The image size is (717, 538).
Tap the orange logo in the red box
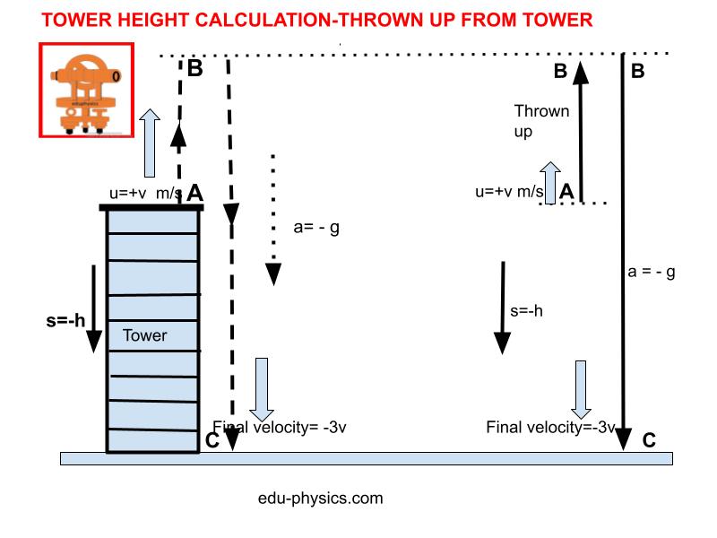pyautogui.click(x=86, y=90)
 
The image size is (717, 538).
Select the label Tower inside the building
pyautogui.click(x=144, y=335)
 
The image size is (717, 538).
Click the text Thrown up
pyautogui.click(x=540, y=121)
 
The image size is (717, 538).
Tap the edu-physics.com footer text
pyautogui.click(x=320, y=498)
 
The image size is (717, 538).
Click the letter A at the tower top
pyautogui.click(x=195, y=192)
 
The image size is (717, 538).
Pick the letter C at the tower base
pyautogui.click(x=212, y=439)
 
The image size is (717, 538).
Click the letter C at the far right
pyautogui.click(x=649, y=439)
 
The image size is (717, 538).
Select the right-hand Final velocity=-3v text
pyautogui.click(x=550, y=427)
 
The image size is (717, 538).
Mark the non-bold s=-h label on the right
pyautogui.click(x=526, y=311)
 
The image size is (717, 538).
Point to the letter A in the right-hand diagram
pyautogui.click(x=566, y=190)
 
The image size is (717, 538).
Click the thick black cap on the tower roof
pyautogui.click(x=151, y=208)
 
